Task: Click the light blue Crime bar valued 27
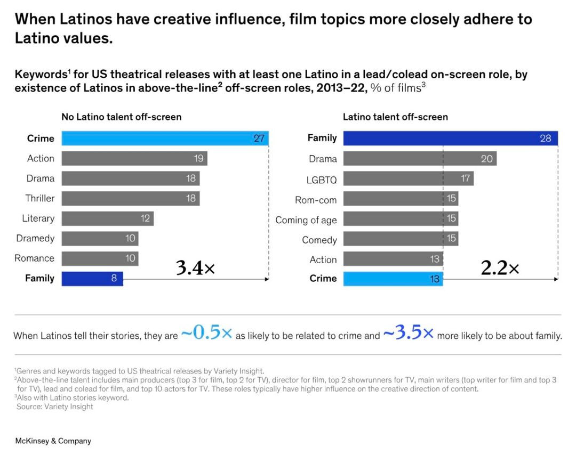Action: coord(165,139)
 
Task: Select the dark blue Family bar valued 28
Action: coord(450,138)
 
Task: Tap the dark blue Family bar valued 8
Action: coord(92,278)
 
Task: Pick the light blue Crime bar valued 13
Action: coord(393,279)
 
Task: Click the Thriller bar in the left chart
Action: coord(131,198)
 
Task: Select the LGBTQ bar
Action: coord(408,178)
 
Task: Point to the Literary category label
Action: coord(38,218)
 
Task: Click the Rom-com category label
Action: coord(316,200)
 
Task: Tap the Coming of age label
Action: coord(306,220)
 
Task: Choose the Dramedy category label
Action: coord(35,238)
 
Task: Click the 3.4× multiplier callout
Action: coord(195,269)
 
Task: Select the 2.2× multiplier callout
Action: coord(500,269)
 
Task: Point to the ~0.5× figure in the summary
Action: coord(206,334)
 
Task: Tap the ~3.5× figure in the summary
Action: coord(408,334)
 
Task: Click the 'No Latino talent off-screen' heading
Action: coord(122,117)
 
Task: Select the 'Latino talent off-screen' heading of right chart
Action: coord(395,117)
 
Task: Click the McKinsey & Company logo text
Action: coord(53,441)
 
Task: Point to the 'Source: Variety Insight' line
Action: coord(54,407)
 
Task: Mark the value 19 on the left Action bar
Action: coord(199,158)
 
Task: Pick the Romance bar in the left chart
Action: coord(100,258)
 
